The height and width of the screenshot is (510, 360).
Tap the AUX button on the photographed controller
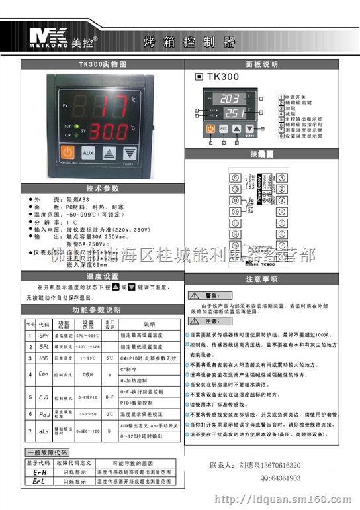pyautogui.click(x=89, y=152)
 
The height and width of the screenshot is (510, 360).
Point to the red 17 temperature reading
pyautogui.click(x=109, y=104)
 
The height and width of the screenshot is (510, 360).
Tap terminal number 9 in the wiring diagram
pyautogui.click(x=235, y=178)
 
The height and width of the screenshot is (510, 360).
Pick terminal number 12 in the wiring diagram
pyautogui.click(x=235, y=211)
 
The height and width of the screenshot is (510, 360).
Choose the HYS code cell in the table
pyautogui.click(x=44, y=358)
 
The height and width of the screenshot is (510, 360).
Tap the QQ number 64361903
pyautogui.click(x=281, y=477)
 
